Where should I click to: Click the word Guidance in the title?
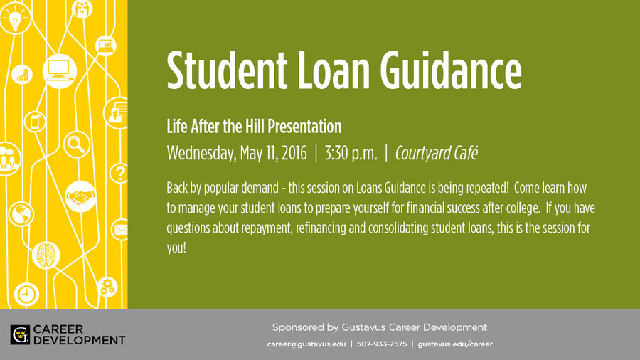pos(451,70)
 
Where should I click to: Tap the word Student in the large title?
pos(227,70)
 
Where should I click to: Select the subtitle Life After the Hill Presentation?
pos(254,127)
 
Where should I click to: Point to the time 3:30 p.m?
pos(351,154)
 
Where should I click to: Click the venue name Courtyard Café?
pos(437,154)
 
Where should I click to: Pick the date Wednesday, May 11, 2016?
pos(237,154)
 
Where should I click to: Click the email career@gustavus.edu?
pos(306,344)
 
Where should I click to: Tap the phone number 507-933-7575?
pos(382,344)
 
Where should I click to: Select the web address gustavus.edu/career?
pos(455,344)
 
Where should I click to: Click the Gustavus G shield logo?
pos(20,334)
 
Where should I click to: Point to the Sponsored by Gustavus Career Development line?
pos(380,327)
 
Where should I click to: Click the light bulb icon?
pos(15,18)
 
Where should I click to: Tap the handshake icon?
pos(80,196)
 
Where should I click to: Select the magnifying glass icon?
pos(77,144)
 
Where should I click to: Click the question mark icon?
pos(119,174)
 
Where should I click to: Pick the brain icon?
pos(46,255)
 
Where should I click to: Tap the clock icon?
pos(26,294)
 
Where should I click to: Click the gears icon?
pos(107,287)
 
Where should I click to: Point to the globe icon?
pos(21,214)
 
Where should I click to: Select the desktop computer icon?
pos(60,71)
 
